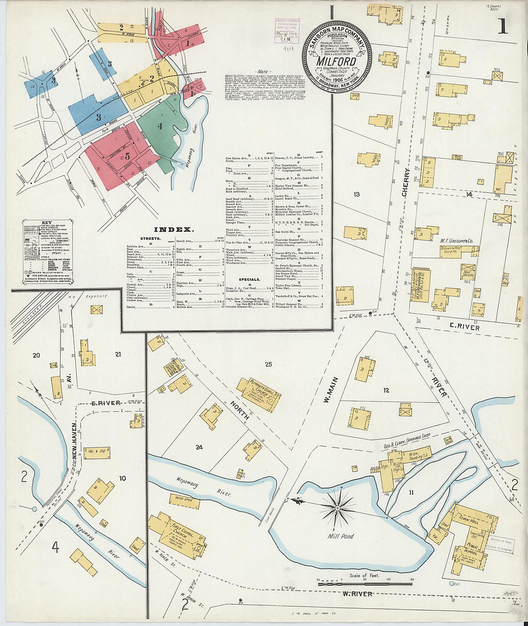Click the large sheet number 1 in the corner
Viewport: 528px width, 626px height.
pos(502,25)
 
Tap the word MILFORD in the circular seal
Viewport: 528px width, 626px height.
pos(336,61)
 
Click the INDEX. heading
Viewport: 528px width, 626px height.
pos(173,230)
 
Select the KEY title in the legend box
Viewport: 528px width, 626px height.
pos(47,223)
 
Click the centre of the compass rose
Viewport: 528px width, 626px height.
pos(337,508)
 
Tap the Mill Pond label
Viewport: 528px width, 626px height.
pos(341,536)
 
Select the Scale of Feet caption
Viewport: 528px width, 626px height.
pos(364,575)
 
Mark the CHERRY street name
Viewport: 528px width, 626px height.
pos(407,183)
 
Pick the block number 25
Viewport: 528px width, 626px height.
pos(268,365)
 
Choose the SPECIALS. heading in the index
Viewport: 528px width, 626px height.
pos(250,279)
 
